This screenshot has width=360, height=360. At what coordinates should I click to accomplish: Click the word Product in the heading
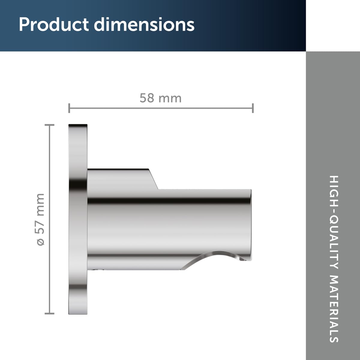click(54, 25)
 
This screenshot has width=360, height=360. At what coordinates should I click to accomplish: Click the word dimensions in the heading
click(144, 25)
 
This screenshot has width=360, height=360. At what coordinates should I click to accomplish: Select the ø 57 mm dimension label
click(40, 219)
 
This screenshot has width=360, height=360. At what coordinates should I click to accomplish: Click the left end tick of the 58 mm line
click(69, 108)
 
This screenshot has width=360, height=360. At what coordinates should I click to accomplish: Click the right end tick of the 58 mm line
click(253, 108)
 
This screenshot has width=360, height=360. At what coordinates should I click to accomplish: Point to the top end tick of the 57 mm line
click(49, 125)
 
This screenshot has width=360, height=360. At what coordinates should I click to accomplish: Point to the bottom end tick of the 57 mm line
click(49, 313)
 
